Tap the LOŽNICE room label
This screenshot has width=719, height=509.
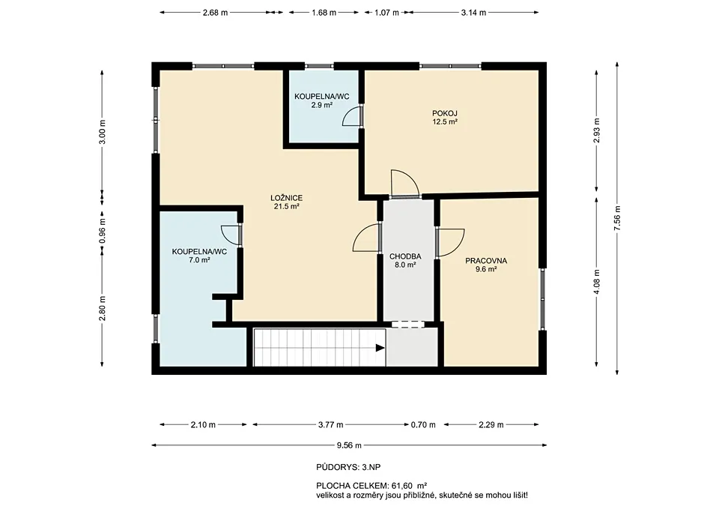tap(286, 198)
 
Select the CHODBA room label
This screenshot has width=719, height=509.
tap(405, 256)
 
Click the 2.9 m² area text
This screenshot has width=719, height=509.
tap(321, 105)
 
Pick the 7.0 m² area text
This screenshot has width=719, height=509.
tap(199, 260)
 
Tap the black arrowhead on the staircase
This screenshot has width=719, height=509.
tap(380, 348)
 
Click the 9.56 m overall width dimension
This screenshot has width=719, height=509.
tap(349, 445)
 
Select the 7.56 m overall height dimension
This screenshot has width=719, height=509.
tap(617, 217)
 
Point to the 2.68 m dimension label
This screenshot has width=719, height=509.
tap(215, 13)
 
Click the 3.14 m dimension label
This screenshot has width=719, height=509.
tap(473, 13)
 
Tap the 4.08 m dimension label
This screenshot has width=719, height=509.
tap(597, 283)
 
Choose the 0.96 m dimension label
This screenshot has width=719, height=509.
tap(103, 232)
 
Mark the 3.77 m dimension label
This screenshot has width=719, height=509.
tap(330, 425)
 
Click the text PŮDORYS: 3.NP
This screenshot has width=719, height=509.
tap(348, 468)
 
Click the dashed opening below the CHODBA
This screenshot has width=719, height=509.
tap(408, 324)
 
